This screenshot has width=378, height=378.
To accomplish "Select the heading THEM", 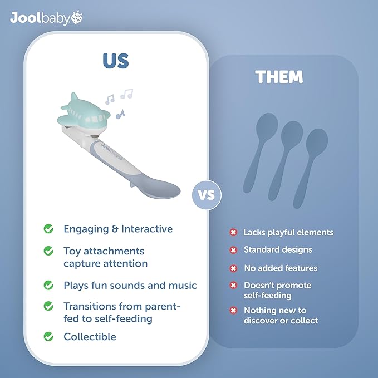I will pyautogui.click(x=279, y=77).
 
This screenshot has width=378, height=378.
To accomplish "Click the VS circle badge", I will pyautogui.click(x=207, y=195).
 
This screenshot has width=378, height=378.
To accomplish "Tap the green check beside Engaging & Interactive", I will pyautogui.click(x=49, y=229).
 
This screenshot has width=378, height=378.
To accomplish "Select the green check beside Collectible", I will pyautogui.click(x=49, y=336).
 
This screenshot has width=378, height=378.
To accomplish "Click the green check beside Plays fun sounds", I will pyautogui.click(x=49, y=285).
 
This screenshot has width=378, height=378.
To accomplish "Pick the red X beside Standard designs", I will pyautogui.click(x=233, y=250).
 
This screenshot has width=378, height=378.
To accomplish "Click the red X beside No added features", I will pyautogui.click(x=233, y=268).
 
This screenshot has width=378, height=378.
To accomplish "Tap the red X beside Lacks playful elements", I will pyautogui.click(x=233, y=232).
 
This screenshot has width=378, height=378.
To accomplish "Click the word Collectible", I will pyautogui.click(x=90, y=336).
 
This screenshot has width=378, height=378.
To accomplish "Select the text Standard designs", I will pyautogui.click(x=278, y=250).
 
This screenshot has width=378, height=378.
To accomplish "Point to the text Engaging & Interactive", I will pyautogui.click(x=118, y=229).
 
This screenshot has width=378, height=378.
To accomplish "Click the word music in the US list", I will pyautogui.click(x=184, y=286).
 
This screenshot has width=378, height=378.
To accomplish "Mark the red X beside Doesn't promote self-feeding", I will pyautogui.click(x=233, y=286).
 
